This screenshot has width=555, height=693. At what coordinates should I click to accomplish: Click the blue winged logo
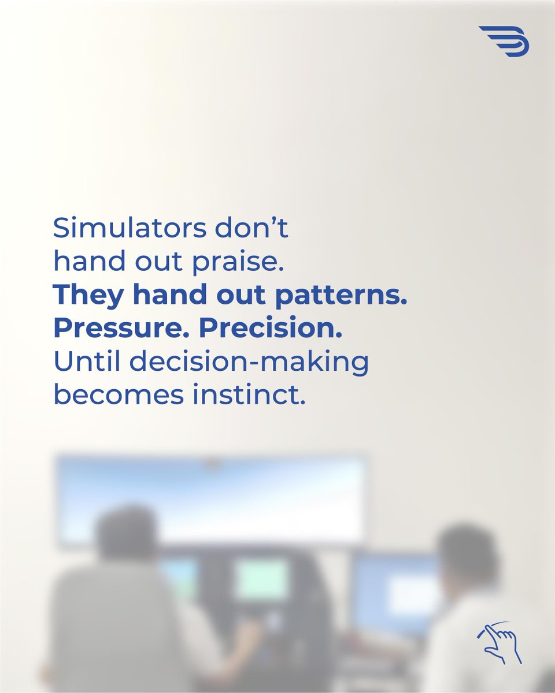pos(504,41)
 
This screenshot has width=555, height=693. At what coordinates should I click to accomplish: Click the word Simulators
pos(127,229)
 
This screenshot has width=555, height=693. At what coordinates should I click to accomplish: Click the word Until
pos(86,362)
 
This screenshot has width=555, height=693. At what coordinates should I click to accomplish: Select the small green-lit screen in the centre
pos(261,580)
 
